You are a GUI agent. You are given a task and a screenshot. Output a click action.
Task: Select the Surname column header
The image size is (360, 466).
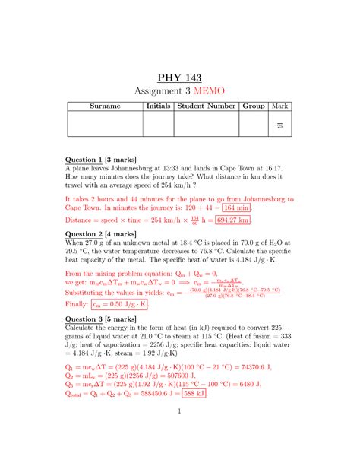tap(105, 106)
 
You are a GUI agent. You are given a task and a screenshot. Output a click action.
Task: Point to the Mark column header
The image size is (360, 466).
tap(280, 106)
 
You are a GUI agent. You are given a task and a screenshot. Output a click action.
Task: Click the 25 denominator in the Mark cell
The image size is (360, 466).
tap(280, 126)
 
